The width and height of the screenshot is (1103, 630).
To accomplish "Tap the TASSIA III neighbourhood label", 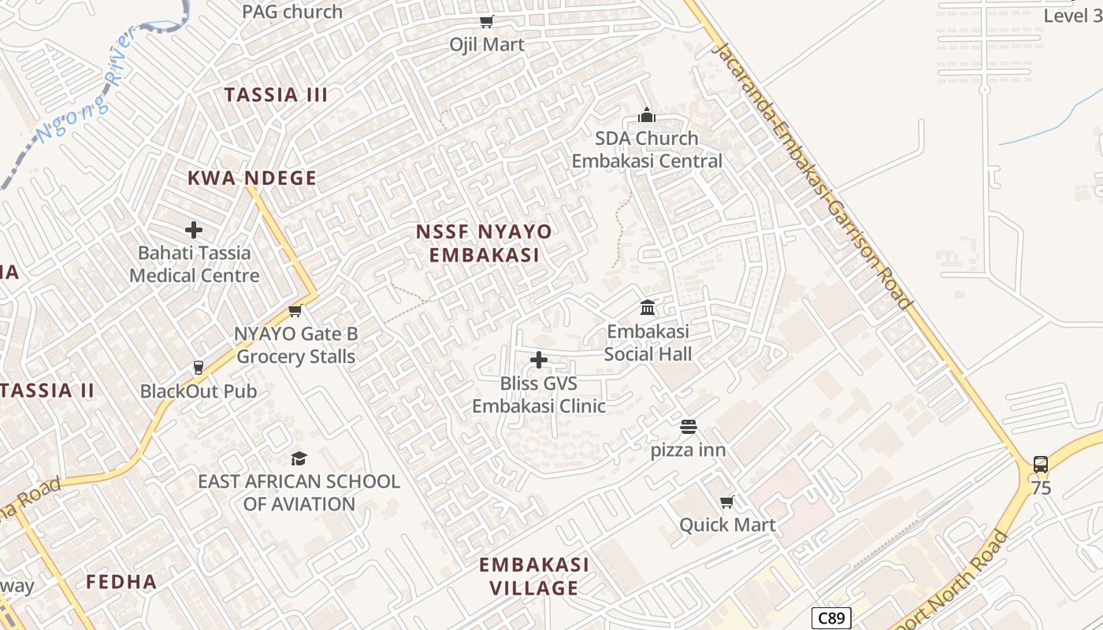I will click(276, 95).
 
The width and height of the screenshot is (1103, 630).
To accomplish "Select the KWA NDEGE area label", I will click(252, 178).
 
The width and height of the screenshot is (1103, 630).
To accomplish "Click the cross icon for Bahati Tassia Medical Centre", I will click(194, 230).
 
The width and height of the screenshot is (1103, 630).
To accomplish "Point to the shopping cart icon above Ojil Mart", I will click(487, 21).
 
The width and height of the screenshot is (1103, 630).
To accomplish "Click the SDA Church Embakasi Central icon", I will click(647, 115).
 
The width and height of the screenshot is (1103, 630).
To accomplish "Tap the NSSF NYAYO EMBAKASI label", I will click(484, 243).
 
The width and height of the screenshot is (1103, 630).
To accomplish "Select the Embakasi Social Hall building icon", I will click(648, 307).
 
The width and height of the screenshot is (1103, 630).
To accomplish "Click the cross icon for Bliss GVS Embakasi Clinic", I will click(539, 360).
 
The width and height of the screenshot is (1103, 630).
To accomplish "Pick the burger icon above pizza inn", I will click(689, 427).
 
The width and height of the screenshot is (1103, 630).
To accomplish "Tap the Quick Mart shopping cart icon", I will click(727, 502).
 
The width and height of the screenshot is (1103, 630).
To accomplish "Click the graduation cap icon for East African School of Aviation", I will click(299, 458).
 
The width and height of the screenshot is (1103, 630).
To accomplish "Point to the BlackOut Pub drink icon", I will click(199, 368).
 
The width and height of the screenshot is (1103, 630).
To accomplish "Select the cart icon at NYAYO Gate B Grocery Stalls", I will click(295, 310).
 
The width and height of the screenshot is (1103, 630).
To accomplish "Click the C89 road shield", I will click(831, 618).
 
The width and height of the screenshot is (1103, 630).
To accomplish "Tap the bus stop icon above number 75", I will click(1041, 465).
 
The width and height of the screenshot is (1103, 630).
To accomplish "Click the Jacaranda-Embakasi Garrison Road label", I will click(812, 175).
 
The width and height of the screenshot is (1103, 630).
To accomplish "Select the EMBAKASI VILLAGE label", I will click(534, 576).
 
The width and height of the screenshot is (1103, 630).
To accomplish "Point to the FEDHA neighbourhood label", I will click(121, 582).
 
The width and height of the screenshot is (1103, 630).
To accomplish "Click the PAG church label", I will click(292, 12).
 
